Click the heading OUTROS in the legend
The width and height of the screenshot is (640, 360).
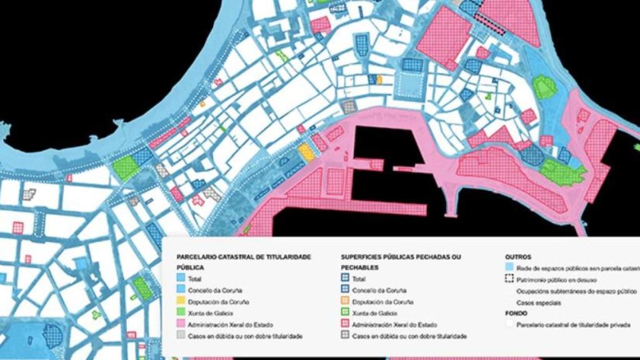pos(518,257)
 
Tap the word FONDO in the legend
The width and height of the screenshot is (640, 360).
pos(516,314)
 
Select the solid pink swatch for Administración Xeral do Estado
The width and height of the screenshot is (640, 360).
pos(181,325)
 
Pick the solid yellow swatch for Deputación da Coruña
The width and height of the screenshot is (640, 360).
pos(181,302)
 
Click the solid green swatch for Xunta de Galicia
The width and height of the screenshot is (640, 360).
pos(181,314)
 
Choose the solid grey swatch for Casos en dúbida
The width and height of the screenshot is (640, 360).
pos(181,336)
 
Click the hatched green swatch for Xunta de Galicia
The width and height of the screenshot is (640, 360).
pos(345,314)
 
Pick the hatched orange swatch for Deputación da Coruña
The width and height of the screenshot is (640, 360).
pos(345,302)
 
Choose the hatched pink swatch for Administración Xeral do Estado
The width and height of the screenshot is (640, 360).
pos(345,325)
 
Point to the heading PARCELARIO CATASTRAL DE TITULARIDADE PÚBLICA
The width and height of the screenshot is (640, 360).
pos(244,262)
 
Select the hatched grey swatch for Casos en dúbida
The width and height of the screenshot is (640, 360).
pos(345,336)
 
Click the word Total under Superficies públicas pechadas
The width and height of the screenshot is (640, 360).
pos(359,279)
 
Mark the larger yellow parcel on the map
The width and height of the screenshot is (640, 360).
pos(304,151)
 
